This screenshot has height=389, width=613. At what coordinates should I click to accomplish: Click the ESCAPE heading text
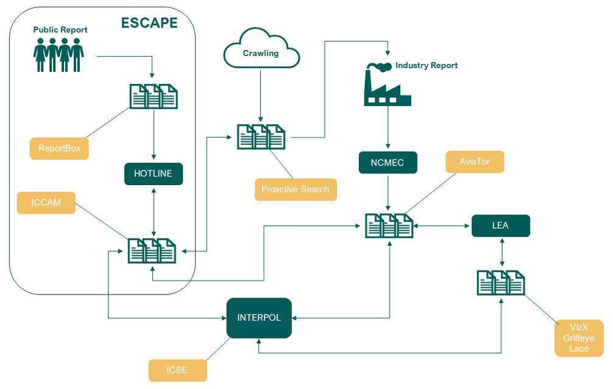[149, 24]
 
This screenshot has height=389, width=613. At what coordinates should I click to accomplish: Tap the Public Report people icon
[58, 55]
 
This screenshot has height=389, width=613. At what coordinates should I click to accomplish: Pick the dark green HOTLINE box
[153, 173]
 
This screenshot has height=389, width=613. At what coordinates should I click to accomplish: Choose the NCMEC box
[388, 163]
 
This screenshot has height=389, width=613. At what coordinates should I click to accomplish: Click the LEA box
[500, 226]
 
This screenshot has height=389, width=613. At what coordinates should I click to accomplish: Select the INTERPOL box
[259, 318]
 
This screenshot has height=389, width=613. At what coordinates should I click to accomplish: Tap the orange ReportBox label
[59, 149]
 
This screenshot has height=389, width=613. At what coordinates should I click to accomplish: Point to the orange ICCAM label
[46, 203]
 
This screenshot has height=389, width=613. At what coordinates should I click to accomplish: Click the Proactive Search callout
[296, 189]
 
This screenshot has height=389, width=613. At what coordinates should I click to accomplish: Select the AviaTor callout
[475, 162]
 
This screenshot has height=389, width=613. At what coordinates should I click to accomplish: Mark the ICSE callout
[178, 370]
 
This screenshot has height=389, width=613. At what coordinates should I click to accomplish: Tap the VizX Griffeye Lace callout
[579, 338]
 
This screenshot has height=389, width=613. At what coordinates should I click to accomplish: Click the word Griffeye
[579, 338]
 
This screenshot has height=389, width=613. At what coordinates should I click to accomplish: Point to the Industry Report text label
[427, 65]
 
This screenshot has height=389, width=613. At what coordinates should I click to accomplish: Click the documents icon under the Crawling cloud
[261, 137]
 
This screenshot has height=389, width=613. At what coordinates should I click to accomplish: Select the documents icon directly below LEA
[501, 282]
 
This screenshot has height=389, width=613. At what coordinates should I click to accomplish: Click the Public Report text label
[60, 30]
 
